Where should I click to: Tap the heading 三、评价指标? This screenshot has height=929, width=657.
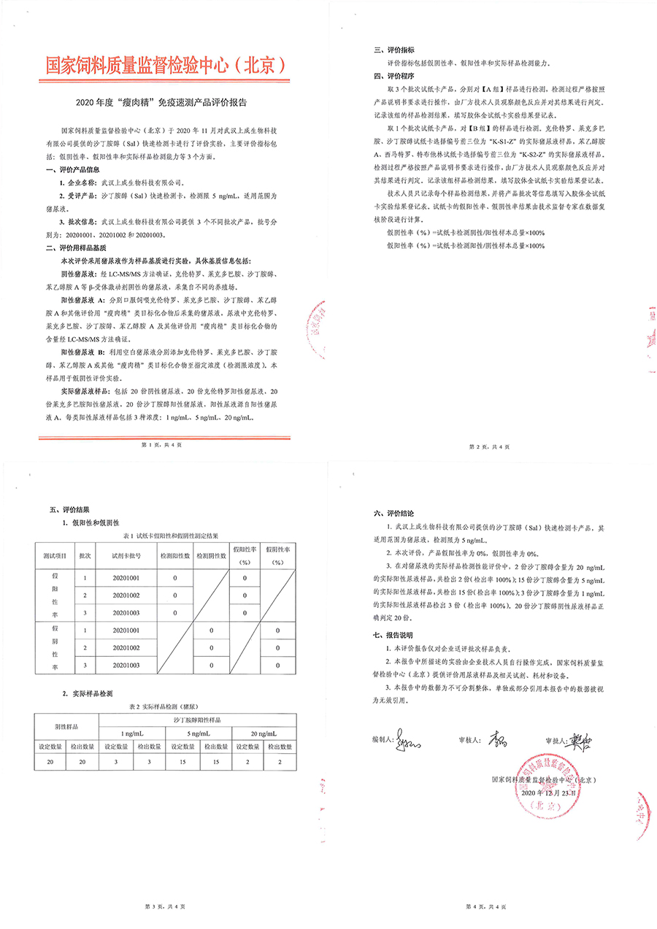click(395, 51)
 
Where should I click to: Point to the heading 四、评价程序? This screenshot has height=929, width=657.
click(395, 75)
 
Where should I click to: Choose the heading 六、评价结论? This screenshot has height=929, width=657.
click(395, 514)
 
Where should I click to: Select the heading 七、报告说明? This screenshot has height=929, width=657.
click(395, 634)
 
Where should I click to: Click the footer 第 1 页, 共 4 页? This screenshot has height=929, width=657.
click(164, 444)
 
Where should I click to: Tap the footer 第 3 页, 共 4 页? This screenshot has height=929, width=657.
click(164, 906)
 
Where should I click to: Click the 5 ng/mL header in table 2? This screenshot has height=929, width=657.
click(199, 733)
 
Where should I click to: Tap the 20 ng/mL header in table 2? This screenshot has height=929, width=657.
click(264, 733)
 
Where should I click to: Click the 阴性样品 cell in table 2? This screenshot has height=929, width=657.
click(67, 727)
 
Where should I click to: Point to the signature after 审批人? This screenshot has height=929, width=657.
click(583, 739)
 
